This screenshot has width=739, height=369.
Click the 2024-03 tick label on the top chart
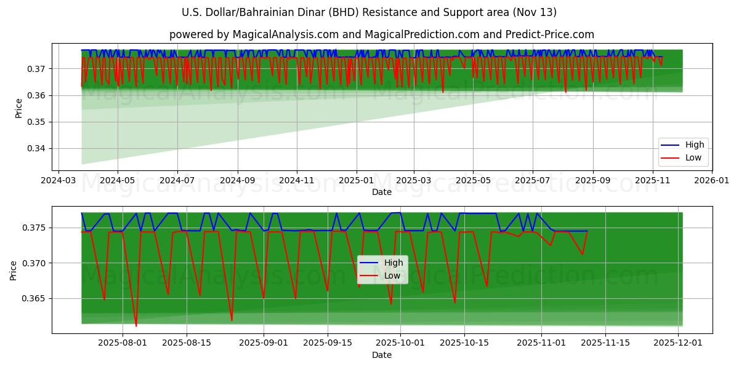[59, 181]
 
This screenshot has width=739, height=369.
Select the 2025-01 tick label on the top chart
[356, 181]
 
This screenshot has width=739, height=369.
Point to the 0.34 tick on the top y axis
[36, 149]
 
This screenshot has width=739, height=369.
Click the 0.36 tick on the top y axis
[36, 95]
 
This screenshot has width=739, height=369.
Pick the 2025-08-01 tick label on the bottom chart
[122, 343]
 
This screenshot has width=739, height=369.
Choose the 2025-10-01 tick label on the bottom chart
[400, 343]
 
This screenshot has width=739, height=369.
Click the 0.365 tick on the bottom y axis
[34, 299]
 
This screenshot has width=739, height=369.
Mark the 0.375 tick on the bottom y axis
[34, 228]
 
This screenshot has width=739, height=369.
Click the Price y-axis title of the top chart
[18, 108]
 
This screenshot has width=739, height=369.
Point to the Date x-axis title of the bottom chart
[381, 355]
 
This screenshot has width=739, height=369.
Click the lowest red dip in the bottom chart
[136, 325]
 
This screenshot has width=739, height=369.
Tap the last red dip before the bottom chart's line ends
[582, 254]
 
